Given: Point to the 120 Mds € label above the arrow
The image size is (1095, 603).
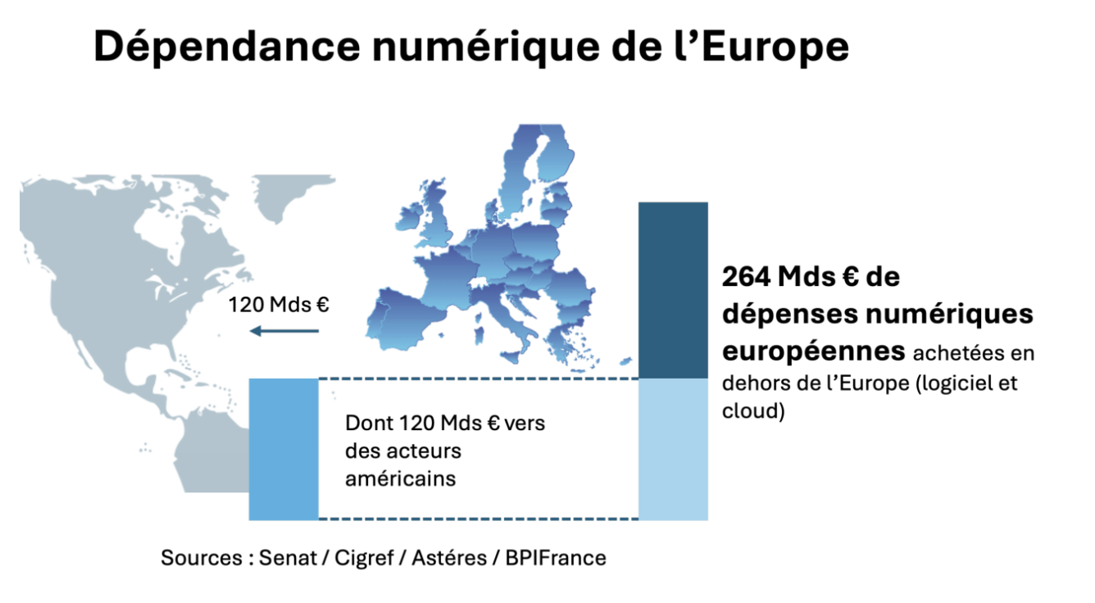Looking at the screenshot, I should click(279, 305).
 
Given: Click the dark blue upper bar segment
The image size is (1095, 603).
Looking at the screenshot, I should click(673, 290).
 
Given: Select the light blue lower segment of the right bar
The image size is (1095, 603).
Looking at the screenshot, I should click(673, 449).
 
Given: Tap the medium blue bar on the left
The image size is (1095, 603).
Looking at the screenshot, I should click(283, 449).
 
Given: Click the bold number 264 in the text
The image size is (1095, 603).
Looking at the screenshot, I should click(747, 278).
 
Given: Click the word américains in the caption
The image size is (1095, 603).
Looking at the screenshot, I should click(400, 478).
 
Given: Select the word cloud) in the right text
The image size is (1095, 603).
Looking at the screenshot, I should click(753, 411).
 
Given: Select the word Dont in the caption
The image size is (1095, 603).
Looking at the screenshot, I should click(364, 424).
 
